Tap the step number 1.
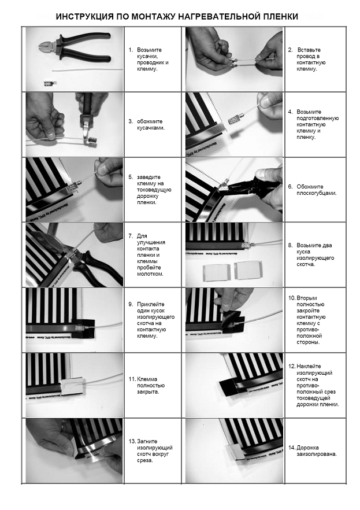click(x=131, y=50)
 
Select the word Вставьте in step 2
click(x=309, y=50)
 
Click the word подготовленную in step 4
click(x=317, y=119)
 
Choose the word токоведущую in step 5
click(x=154, y=190)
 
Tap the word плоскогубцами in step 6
click(x=317, y=193)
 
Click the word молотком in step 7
click(x=150, y=274)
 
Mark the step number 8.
click(x=290, y=245)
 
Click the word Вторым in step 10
click(x=307, y=298)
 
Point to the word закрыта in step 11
click(x=148, y=392)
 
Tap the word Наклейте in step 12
click(x=309, y=366)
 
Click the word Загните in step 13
click(x=147, y=441)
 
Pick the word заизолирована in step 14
click(x=317, y=454)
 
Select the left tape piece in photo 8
click(x=217, y=271)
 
